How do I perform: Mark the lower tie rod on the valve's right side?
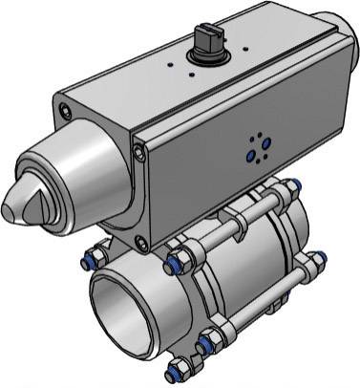pos(277,306)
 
